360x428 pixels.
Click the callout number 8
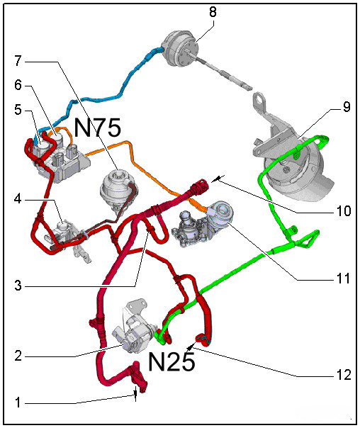click(213, 12)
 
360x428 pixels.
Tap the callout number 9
click(347, 106)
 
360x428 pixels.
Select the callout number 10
click(344, 211)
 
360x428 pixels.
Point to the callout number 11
click(344, 278)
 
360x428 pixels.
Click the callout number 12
click(344, 375)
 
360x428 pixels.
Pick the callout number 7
click(18, 61)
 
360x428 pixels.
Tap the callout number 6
click(18, 85)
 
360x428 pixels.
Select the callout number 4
click(18, 199)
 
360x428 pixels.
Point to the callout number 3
click(18, 286)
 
